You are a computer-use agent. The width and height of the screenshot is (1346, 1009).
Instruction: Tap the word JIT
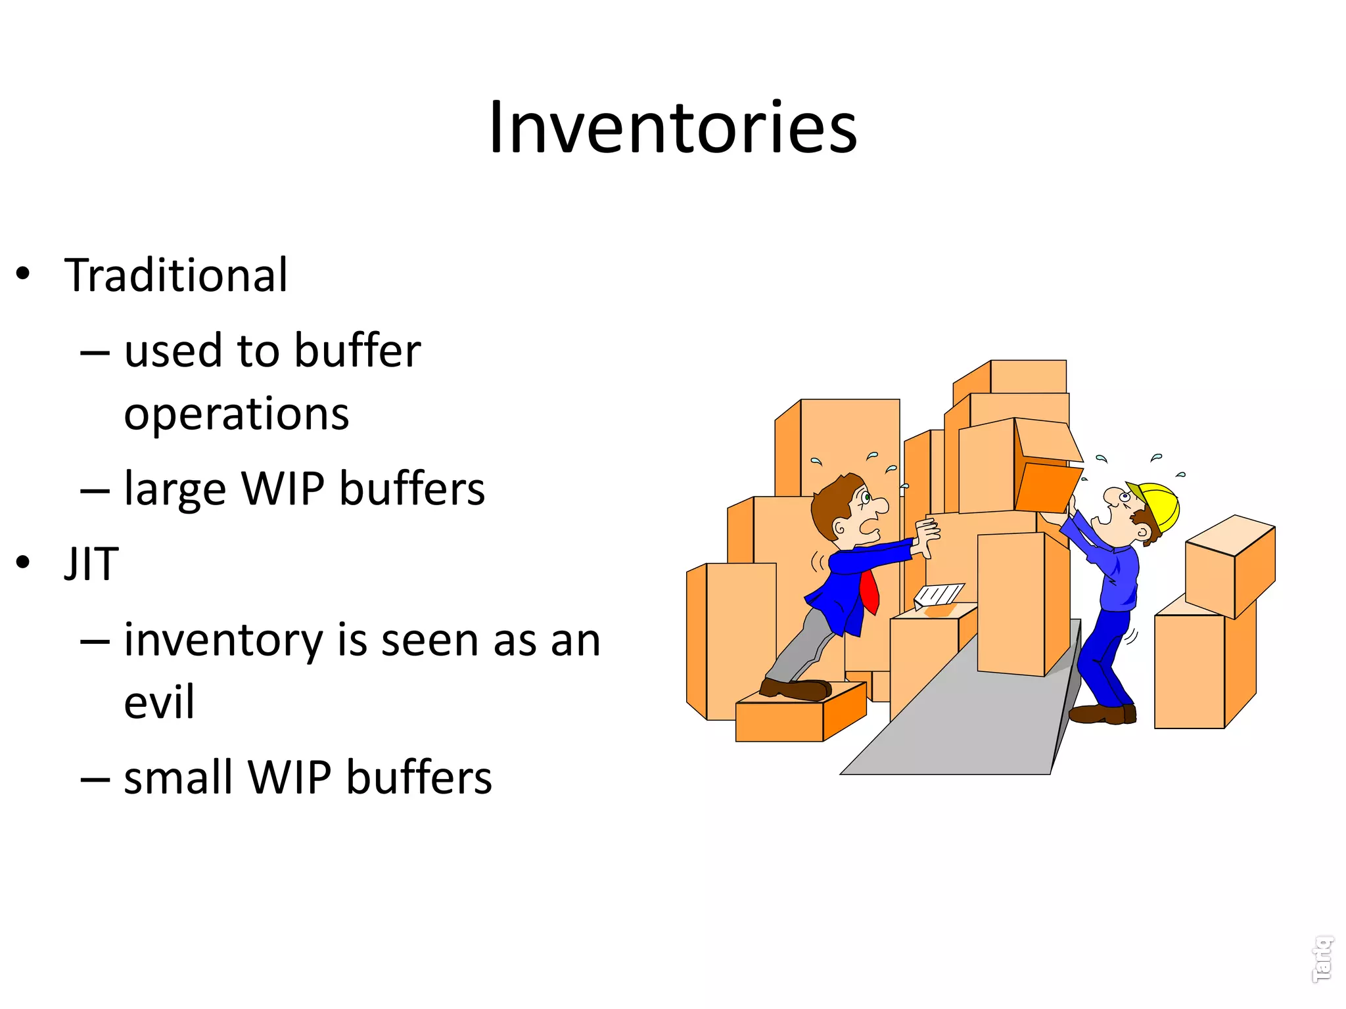coord(91,564)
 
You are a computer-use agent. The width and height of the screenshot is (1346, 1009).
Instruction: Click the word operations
coord(237,415)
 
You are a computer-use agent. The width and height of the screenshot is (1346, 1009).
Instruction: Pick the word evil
coord(159,702)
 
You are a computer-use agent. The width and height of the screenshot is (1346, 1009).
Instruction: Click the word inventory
coord(223,640)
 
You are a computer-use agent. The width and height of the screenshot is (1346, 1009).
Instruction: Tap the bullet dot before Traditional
coord(24,273)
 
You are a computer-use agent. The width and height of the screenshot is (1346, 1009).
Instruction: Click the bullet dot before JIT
coord(24,562)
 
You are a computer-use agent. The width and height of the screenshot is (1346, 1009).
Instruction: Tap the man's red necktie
coord(870,591)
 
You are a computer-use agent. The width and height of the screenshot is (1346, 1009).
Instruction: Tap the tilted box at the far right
coord(1230,565)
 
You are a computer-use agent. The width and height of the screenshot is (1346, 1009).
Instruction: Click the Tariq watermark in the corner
coord(1322,959)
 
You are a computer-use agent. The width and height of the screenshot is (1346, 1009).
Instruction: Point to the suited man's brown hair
coord(831,503)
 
